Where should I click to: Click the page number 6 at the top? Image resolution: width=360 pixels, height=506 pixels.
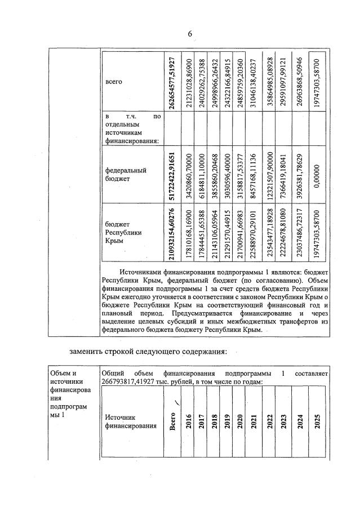pyautogui.click(x=189, y=34)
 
